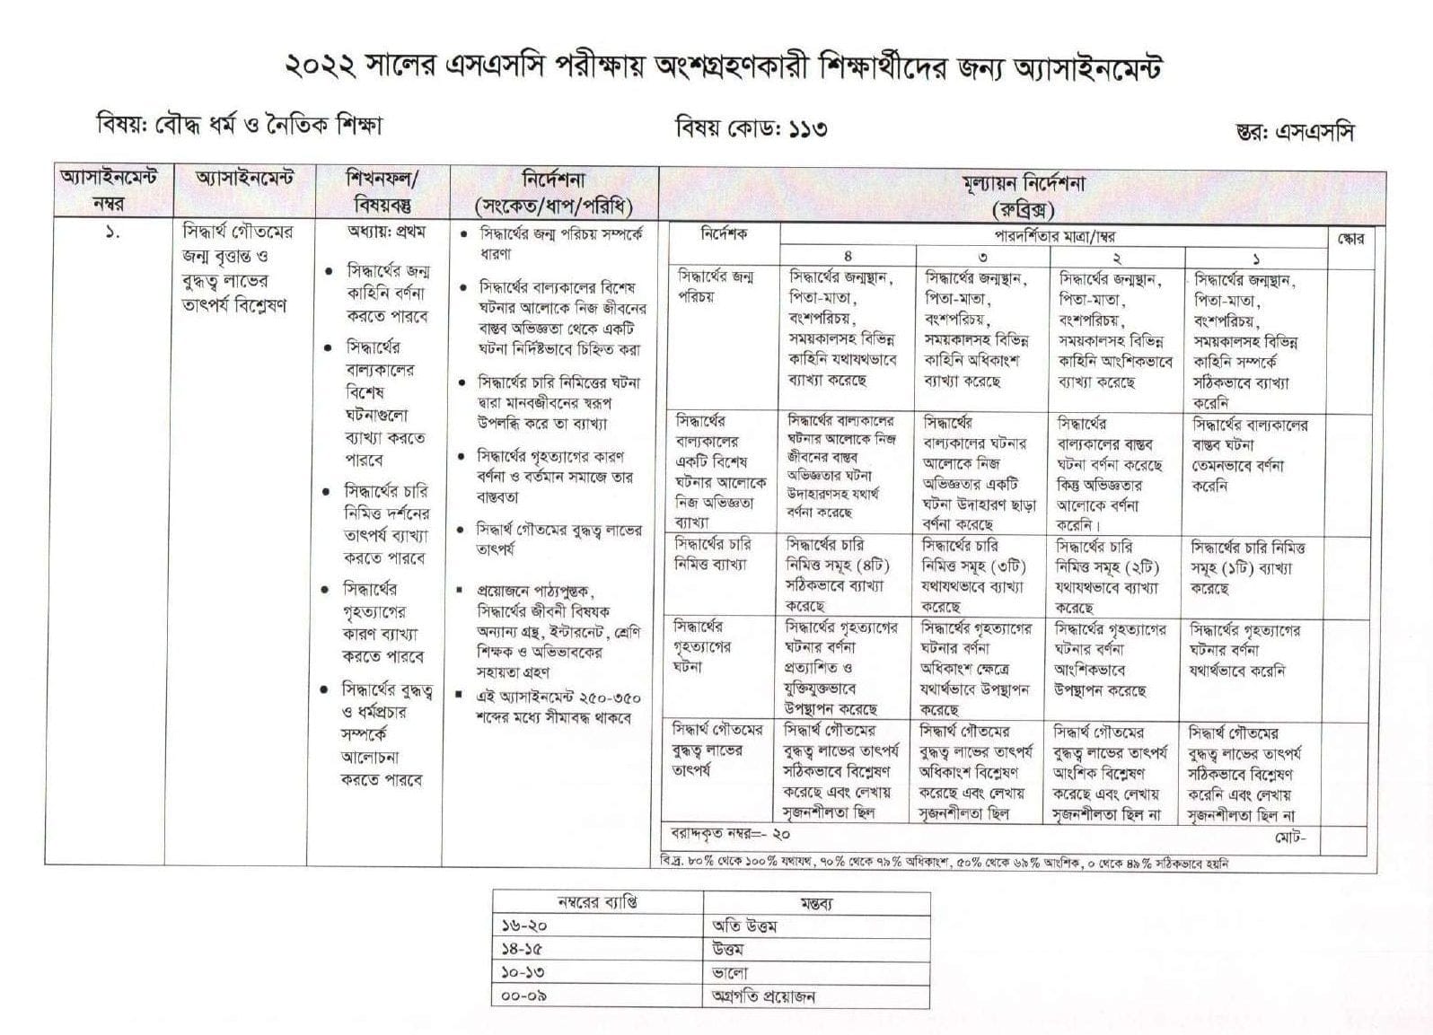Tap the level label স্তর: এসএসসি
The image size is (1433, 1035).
[1294, 132]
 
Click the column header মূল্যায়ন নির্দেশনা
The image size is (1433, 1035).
[1022, 184]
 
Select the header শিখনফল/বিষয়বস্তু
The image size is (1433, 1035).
[382, 190]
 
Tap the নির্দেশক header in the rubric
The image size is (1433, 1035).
[724, 234]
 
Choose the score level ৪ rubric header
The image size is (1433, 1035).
[848, 258]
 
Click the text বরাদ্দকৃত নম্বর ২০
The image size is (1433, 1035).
[730, 834]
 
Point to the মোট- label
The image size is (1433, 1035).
[1290, 838]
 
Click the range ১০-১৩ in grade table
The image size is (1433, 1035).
[524, 973]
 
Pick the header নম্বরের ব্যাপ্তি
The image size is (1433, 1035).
[597, 902]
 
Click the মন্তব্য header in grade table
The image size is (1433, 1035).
[815, 903]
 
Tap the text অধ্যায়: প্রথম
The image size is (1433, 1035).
[386, 232]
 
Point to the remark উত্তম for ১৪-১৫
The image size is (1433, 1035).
[727, 950]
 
